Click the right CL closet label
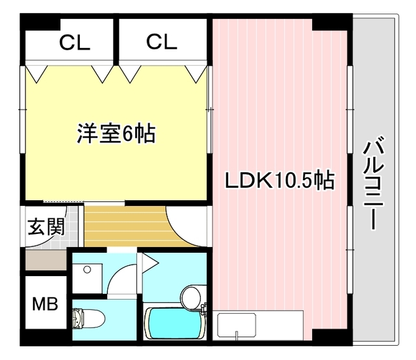pyautogui.click(x=161, y=42)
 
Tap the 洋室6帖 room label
pyautogui.click(x=116, y=135)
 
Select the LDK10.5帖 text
pyautogui.click(x=279, y=180)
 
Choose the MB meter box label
pyautogui.click(x=45, y=303)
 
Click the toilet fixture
pyautogui.click(x=88, y=318)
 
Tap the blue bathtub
pyautogui.click(x=170, y=324)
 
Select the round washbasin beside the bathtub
pyautogui.click(x=191, y=297)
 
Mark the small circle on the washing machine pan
pyautogui.click(x=86, y=270)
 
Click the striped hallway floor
pyautogui.click(x=123, y=224)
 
